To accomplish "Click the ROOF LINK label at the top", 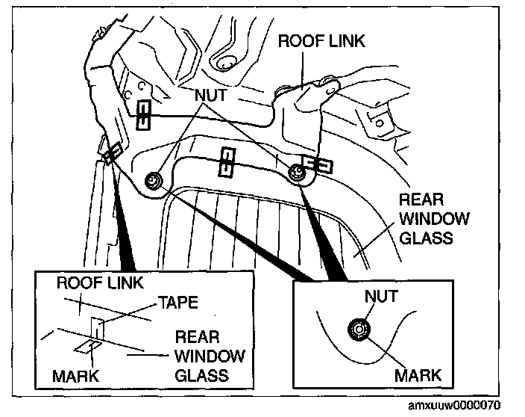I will tap(321, 40).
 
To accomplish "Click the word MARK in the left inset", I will tap(75, 374).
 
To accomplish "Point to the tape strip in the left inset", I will tap(95, 329).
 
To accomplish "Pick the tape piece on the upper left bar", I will tap(144, 114).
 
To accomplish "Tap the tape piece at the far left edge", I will tap(112, 154).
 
